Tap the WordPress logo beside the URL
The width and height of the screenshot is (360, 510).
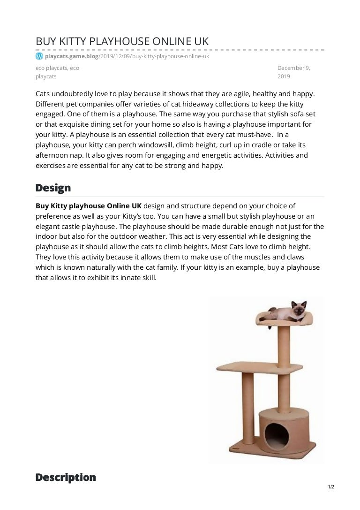39,56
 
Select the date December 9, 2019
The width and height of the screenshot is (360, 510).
293,72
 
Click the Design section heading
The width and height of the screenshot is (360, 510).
53,188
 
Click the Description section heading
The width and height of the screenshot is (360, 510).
66,477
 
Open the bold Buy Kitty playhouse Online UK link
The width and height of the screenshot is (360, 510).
89,206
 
